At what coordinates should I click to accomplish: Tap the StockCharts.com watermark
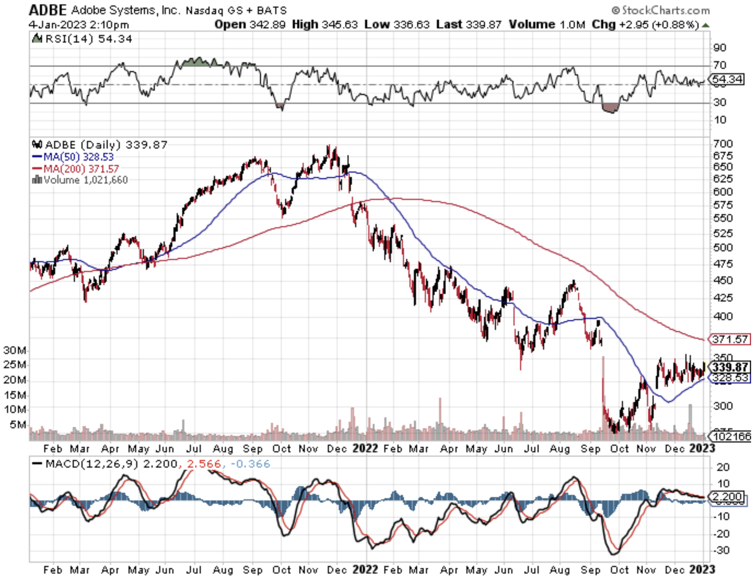[x=661, y=10]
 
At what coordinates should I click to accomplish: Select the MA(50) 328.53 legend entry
[x=73, y=157]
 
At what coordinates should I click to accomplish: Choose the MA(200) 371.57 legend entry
[x=75, y=169]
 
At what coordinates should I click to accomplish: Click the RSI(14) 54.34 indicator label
[x=82, y=38]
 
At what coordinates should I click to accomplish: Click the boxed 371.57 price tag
[x=730, y=339]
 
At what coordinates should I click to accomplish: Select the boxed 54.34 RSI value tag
[x=728, y=79]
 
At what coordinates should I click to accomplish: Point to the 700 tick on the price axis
[x=724, y=144]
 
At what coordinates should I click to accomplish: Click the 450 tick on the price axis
[x=724, y=280]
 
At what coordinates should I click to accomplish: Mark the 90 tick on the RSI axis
[x=720, y=48]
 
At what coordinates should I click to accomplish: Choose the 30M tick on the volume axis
[x=14, y=350]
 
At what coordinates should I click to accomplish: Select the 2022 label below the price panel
[x=365, y=448]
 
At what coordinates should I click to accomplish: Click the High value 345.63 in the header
[x=339, y=24]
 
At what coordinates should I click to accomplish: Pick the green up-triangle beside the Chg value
[x=705, y=25]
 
